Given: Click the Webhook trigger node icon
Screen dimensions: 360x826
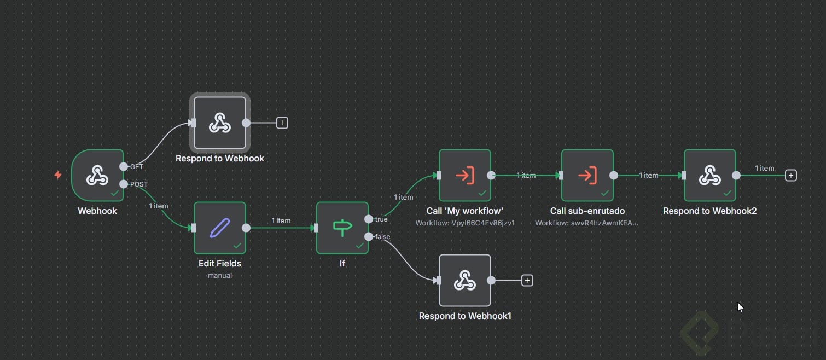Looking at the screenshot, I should [x=97, y=176].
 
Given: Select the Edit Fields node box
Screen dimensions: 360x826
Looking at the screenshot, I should [x=220, y=228].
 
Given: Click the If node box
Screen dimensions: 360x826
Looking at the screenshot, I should [x=342, y=228].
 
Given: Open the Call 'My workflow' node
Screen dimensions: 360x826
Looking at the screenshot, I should [x=465, y=176].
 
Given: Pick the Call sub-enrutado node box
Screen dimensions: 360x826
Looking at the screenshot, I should [x=587, y=176].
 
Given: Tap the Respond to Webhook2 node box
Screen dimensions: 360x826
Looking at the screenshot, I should [x=710, y=176].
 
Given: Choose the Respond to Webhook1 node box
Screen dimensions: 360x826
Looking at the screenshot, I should [x=465, y=281].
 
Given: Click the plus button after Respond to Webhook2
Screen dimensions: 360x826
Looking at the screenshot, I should [x=790, y=176].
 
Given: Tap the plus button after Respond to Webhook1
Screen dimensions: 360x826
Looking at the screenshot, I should [x=527, y=281].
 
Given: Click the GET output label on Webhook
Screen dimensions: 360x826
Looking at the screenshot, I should [x=137, y=167].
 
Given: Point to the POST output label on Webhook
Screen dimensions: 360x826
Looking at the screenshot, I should [x=139, y=184].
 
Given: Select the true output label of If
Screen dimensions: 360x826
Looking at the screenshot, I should [x=381, y=219].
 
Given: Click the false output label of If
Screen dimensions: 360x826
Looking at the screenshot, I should [x=382, y=237].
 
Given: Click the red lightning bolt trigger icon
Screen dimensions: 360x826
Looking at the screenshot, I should [x=58, y=175].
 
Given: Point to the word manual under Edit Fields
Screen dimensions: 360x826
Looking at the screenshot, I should [x=220, y=276].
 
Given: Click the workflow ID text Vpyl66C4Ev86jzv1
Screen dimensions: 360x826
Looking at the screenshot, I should [x=465, y=223].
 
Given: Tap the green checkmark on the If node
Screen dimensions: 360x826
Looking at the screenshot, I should [x=360, y=246].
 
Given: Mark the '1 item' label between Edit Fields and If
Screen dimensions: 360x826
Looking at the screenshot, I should [x=281, y=221].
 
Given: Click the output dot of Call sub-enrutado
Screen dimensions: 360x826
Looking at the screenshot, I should [x=614, y=176].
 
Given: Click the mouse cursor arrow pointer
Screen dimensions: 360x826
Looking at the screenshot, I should [x=740, y=307].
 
